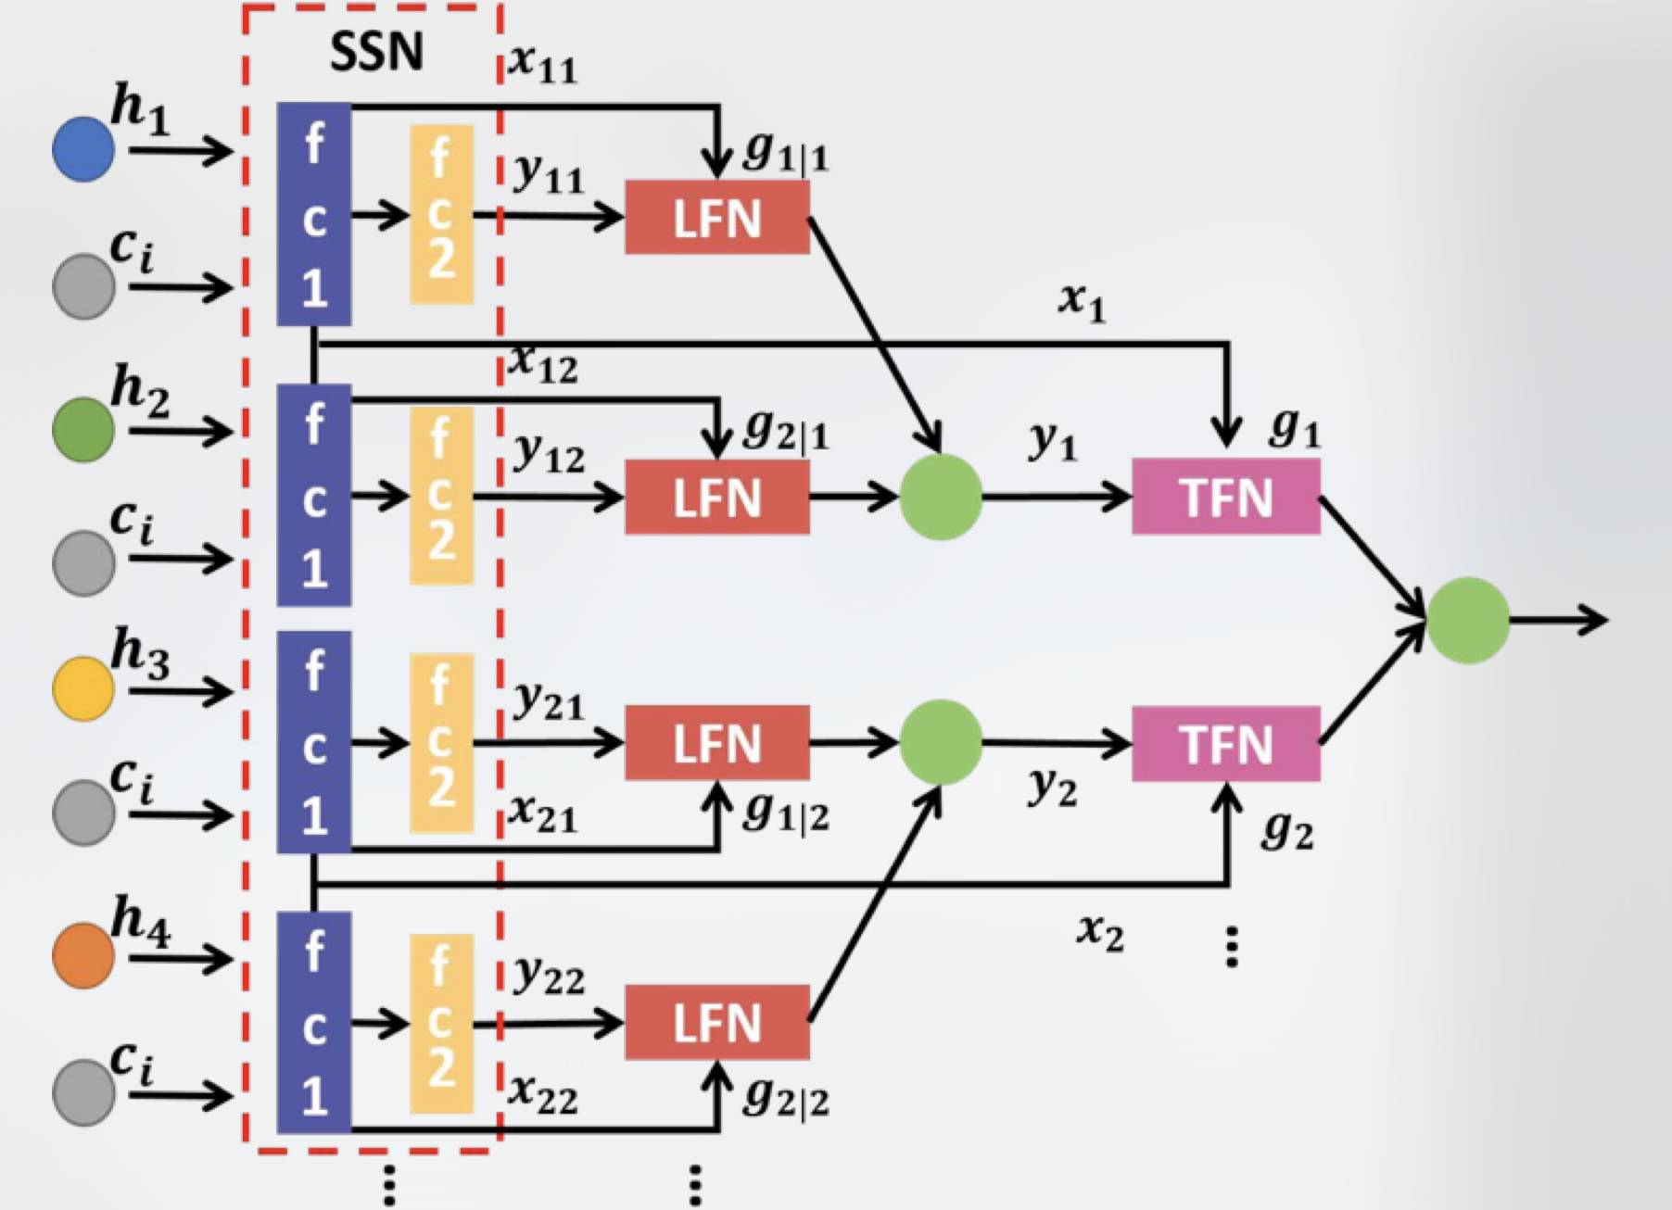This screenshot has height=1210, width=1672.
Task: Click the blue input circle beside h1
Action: coord(83,148)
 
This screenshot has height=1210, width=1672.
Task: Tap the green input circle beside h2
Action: coord(83,429)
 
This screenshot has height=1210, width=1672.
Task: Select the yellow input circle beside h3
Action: coord(83,688)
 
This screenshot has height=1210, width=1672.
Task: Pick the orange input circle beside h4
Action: coord(83,955)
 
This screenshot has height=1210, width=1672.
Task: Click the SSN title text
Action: coord(376,51)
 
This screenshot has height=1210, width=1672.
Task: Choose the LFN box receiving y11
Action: coord(716,218)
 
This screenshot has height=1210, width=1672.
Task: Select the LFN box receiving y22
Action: coord(716,1022)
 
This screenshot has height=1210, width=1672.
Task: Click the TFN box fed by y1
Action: coord(1226,498)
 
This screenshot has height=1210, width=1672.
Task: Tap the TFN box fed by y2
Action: coord(1226,744)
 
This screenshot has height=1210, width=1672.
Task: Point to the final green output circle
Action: coord(1468,620)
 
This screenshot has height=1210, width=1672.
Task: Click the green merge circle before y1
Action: coord(941,498)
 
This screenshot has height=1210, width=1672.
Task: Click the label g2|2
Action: coord(786,1098)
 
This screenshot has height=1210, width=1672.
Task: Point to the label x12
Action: coord(543,364)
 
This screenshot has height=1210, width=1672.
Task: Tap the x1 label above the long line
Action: coord(1083,301)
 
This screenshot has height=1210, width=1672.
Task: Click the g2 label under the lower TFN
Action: coord(1287,830)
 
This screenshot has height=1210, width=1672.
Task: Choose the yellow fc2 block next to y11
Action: coord(441,215)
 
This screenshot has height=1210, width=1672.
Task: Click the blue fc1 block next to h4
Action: coord(314,1022)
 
